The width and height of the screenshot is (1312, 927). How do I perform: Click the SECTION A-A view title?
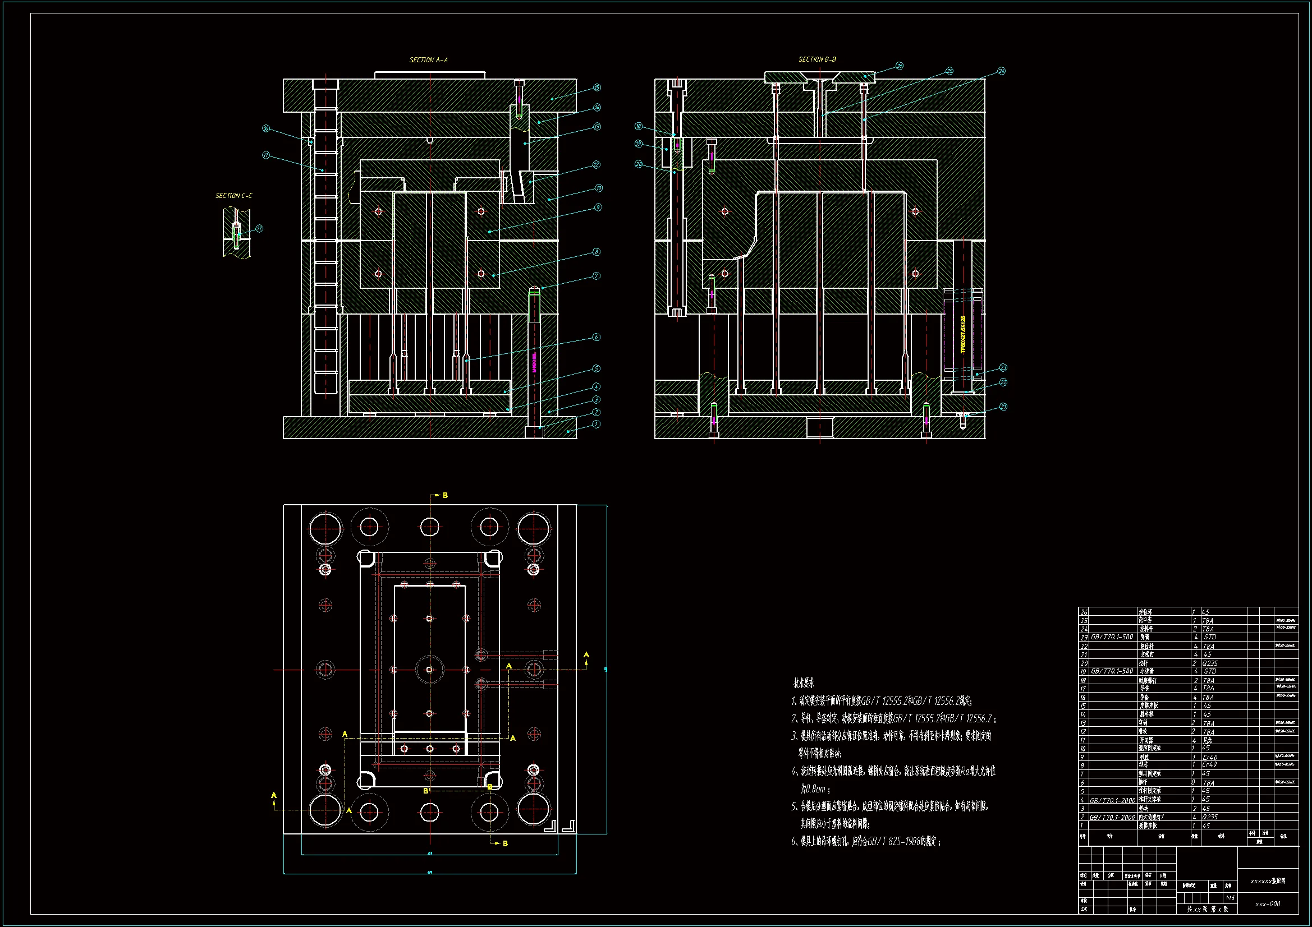pos(429,60)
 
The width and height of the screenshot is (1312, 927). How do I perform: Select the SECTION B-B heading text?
pos(817,59)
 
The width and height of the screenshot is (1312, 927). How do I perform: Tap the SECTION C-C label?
pos(233,196)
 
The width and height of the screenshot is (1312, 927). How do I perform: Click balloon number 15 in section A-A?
pos(597,87)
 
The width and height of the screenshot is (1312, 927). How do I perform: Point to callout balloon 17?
pos(266,155)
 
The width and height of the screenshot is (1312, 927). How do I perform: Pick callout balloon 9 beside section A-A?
pos(598,207)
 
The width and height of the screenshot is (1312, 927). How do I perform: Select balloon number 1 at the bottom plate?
pos(596,425)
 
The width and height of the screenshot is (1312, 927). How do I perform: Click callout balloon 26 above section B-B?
pos(900,66)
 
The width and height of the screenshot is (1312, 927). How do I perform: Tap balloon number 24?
pos(1001,71)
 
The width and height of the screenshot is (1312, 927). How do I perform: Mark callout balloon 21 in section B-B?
pos(1003,407)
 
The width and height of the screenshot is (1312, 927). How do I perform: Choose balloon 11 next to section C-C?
pos(259,228)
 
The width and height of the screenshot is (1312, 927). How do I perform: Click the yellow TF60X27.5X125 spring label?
pos(963,334)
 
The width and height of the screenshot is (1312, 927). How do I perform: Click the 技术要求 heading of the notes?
pos(804,683)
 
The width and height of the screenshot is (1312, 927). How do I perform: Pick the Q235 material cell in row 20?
pos(1210,663)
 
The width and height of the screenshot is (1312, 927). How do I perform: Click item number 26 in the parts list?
pos(1084,612)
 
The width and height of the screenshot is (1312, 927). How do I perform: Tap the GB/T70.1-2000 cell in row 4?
pos(1112,800)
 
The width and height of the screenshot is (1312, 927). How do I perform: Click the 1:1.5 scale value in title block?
pos(1230,898)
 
